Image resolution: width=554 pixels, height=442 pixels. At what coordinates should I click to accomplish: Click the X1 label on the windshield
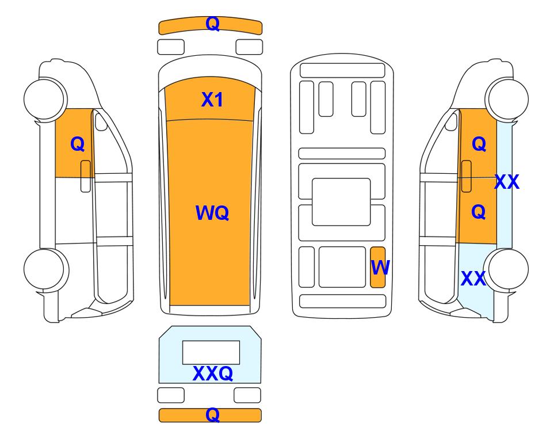[x=212, y=100]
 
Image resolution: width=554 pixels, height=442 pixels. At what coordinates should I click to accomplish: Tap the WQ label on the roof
[x=212, y=213]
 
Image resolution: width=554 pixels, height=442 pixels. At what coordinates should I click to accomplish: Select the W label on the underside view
[x=380, y=267]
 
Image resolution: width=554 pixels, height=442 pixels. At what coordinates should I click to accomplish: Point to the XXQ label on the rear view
[x=213, y=374]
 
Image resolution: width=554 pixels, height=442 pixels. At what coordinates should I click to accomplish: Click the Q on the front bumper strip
[x=213, y=24]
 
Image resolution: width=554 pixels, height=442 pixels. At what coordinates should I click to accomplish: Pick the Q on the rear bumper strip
[x=212, y=415]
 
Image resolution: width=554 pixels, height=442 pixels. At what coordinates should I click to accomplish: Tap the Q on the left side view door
[x=78, y=144]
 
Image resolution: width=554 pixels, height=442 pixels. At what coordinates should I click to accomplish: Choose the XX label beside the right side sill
[x=507, y=182]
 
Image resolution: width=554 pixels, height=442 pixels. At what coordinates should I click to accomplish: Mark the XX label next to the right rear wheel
[x=473, y=279]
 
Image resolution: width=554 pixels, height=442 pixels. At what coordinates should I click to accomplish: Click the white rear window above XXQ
[x=211, y=352]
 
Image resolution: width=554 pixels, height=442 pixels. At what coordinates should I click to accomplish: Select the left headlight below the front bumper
[x=171, y=47]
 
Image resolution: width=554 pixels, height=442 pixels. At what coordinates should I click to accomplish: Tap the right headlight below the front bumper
[x=249, y=47]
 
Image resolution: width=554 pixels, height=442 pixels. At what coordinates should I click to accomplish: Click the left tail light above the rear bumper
[x=171, y=395]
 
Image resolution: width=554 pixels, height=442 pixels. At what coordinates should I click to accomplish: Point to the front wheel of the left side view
[x=45, y=99]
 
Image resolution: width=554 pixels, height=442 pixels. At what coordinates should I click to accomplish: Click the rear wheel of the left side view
[x=46, y=269]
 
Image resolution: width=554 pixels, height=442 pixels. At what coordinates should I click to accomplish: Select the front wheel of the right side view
[x=507, y=99]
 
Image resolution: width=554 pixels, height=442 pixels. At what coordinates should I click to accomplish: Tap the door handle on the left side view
[x=86, y=176]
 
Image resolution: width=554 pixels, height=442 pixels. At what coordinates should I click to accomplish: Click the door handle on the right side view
[x=467, y=176]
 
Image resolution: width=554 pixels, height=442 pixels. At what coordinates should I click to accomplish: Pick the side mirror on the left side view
[x=101, y=121]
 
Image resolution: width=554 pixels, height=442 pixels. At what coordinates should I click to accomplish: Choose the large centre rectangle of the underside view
[x=341, y=202]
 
